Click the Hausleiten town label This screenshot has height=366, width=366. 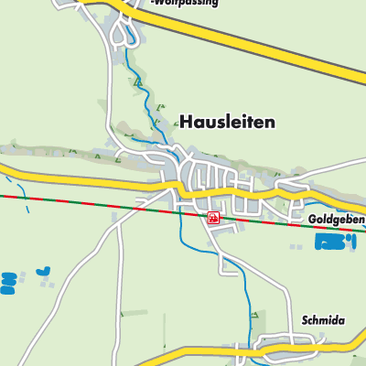227,121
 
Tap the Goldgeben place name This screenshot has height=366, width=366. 336,221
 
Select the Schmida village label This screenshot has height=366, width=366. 323,321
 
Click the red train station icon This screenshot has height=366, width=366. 212,218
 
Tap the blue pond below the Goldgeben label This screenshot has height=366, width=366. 331,242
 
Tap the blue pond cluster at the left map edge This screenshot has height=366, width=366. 8,282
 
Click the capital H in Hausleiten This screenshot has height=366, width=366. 186,121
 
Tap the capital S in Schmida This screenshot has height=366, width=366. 305,321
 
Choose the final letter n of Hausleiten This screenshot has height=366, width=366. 270,121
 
